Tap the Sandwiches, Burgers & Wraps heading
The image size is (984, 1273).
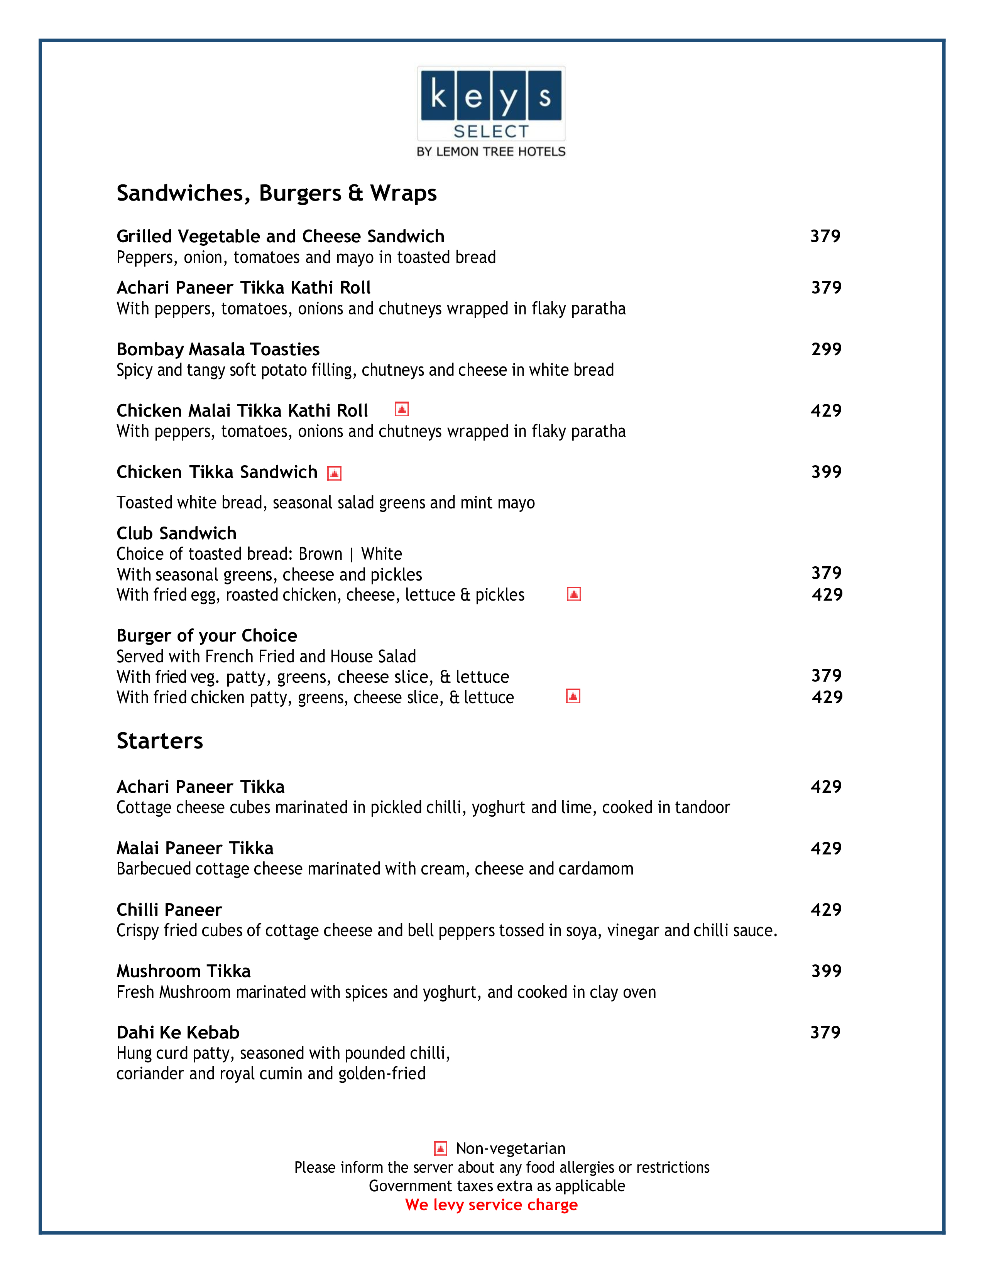[x=276, y=193]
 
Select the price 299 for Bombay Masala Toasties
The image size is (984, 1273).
[x=826, y=349]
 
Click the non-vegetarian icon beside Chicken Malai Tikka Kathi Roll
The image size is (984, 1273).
[x=402, y=409]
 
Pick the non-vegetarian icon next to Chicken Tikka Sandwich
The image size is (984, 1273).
[x=334, y=473]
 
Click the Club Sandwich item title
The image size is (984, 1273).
[x=176, y=534]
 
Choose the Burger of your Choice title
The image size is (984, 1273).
[x=206, y=635]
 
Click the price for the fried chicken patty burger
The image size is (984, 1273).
[x=827, y=697]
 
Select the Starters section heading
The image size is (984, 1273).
[x=160, y=741]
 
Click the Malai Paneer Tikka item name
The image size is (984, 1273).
[x=195, y=848]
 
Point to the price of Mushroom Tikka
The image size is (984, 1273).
[x=826, y=971]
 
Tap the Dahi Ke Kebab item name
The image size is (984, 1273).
[x=178, y=1032]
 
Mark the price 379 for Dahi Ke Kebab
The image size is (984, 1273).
[x=825, y=1032]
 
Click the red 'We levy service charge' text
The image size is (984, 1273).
[x=491, y=1205]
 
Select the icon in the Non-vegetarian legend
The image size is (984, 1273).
[x=441, y=1148]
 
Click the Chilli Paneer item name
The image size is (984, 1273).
[x=169, y=910]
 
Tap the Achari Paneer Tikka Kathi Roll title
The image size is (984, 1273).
[x=243, y=287]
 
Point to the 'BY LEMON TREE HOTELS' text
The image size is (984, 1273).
[x=491, y=152]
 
